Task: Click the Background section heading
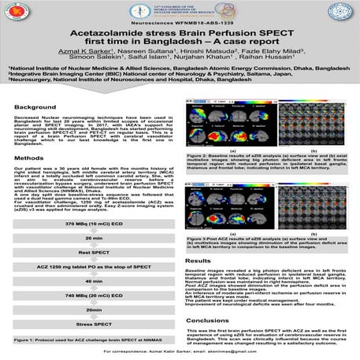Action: pos(35,106)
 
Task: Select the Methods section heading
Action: pos(29,158)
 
